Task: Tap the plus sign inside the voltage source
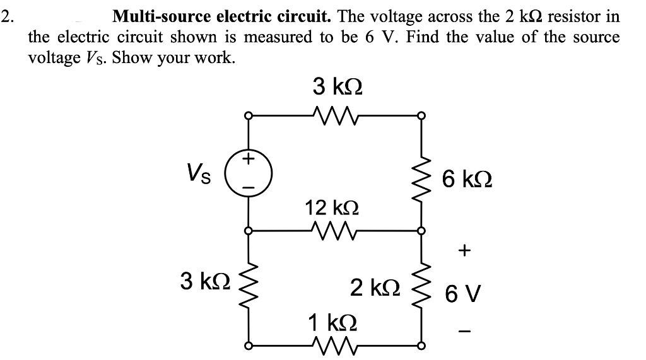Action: point(249,160)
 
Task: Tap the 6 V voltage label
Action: point(464,293)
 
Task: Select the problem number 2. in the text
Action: point(7,16)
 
